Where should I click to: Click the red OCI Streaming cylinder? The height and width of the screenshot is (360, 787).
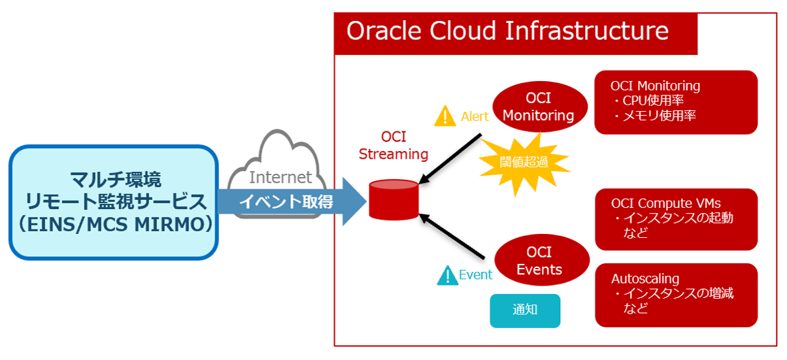coord(393,200)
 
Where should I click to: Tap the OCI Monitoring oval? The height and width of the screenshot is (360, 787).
coord(540,106)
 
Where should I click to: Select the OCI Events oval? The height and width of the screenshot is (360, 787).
coord(541,260)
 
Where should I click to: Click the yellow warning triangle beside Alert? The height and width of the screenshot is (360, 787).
coord(445,116)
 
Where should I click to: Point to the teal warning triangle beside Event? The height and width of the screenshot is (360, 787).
coord(447,275)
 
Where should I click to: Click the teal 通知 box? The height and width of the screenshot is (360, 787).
coord(525,311)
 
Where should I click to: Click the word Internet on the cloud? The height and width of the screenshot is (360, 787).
coord(280,177)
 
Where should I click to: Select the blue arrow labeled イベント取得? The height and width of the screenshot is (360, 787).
coord(292,202)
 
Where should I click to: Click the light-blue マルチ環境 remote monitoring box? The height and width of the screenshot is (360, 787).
coord(114,203)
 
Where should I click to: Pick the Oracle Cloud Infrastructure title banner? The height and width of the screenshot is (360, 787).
coord(516,34)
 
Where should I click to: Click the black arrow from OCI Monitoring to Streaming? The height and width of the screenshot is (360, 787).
coord(450,158)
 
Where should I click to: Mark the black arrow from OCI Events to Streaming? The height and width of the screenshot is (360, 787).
coord(452,236)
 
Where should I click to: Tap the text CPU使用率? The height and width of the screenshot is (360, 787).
coord(653,101)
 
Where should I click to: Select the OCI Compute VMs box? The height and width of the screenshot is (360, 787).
coord(676,220)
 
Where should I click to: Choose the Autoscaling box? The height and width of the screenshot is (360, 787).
coord(676,295)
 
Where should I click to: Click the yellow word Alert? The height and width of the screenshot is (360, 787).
coord(475,116)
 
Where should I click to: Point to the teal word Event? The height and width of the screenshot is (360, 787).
coord(475,274)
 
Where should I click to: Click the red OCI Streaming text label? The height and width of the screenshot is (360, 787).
coord(393,146)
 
